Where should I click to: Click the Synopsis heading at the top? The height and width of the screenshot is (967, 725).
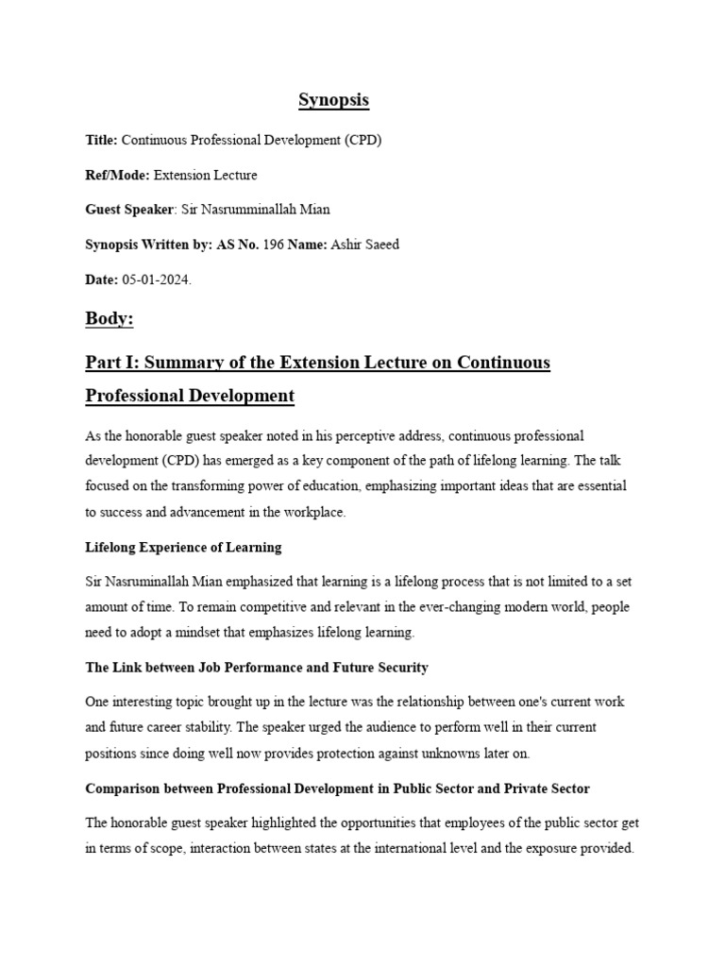[333, 100]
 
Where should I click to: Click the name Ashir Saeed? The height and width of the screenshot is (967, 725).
[366, 245]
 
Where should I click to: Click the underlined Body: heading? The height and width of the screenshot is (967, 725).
[110, 320]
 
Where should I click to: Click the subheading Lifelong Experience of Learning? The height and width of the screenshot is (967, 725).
[183, 548]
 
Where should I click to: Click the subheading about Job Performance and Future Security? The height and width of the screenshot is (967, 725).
[257, 668]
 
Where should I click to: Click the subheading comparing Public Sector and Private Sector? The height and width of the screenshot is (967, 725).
[337, 788]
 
